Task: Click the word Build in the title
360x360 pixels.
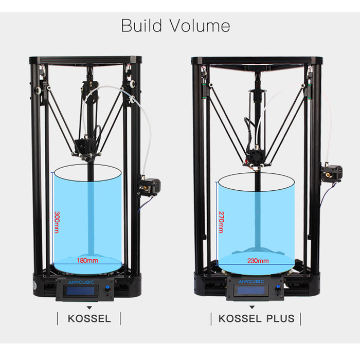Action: pos(141,25)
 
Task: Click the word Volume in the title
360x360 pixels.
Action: pos(200,26)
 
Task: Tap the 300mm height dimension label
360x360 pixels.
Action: pos(57,222)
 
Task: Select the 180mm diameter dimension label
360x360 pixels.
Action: pos(87,260)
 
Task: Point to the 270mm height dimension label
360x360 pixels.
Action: pos(221,222)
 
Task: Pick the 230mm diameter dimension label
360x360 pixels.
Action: pos(258,261)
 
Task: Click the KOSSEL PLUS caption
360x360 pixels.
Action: pos(256,319)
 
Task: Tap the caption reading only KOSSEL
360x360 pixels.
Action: pos(89,319)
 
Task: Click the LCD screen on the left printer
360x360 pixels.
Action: pos(81,291)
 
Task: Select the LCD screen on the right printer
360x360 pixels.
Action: pos(251,290)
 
